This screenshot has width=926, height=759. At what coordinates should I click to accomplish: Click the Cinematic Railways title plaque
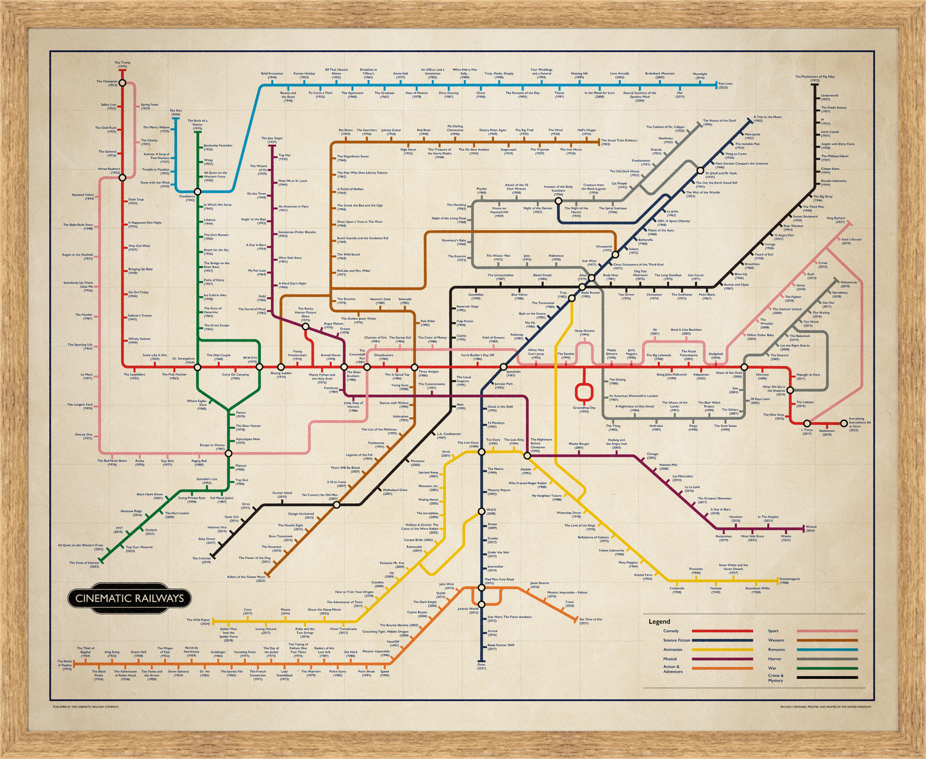pos(129,598)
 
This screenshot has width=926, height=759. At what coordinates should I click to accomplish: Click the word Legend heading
pos(659,621)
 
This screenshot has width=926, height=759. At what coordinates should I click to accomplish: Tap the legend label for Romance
pos(776,649)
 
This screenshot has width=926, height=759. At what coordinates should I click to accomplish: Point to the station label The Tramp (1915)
pos(122,64)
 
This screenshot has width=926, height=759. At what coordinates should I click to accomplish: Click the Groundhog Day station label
pos(584,409)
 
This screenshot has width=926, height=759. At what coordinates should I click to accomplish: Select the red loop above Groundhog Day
pos(584,391)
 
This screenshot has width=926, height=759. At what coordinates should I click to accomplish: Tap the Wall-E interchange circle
pos(481,511)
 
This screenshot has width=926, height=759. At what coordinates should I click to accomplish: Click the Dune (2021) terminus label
pos(482,667)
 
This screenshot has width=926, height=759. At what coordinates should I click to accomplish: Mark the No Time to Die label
pos(591,621)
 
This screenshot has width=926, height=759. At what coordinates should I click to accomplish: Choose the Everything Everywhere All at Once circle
pos(843,424)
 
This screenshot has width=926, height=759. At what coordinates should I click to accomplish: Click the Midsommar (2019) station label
pos(849,284)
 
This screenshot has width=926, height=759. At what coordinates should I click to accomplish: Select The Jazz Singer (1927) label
pos(272,140)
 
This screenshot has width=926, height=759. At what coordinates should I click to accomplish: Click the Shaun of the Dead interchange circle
pos(744,367)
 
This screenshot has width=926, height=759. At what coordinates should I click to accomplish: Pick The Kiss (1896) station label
pos(176,112)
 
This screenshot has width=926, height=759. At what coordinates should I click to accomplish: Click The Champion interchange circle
pos(122,83)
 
